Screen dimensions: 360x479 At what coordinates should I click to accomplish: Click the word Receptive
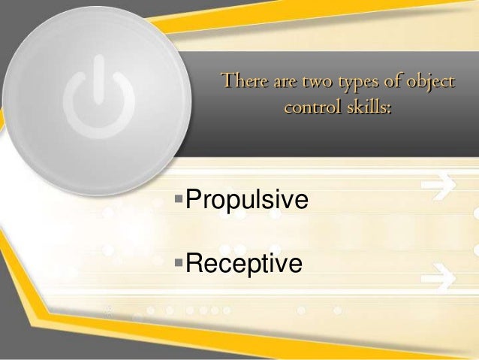pos(243,264)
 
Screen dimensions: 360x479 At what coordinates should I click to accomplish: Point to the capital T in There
pos(223,81)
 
